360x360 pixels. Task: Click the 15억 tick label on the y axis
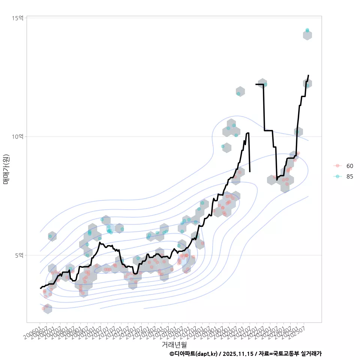click(x=18, y=18)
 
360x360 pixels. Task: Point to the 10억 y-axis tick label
click(x=18, y=136)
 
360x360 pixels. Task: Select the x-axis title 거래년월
click(x=174, y=344)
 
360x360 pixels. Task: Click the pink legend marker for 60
click(x=337, y=166)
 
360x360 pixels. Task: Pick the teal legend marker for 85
click(x=337, y=177)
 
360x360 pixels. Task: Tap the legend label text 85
click(x=349, y=177)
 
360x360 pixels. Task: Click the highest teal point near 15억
click(x=307, y=30)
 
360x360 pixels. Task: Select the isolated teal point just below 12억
click(x=238, y=93)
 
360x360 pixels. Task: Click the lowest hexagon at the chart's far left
click(x=48, y=309)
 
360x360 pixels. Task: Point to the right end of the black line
click(x=308, y=75)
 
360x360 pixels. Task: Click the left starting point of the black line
click(x=40, y=288)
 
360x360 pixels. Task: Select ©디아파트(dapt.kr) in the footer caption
click(x=193, y=354)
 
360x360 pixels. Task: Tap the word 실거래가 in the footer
click(x=310, y=354)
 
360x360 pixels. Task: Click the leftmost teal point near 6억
click(x=50, y=236)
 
